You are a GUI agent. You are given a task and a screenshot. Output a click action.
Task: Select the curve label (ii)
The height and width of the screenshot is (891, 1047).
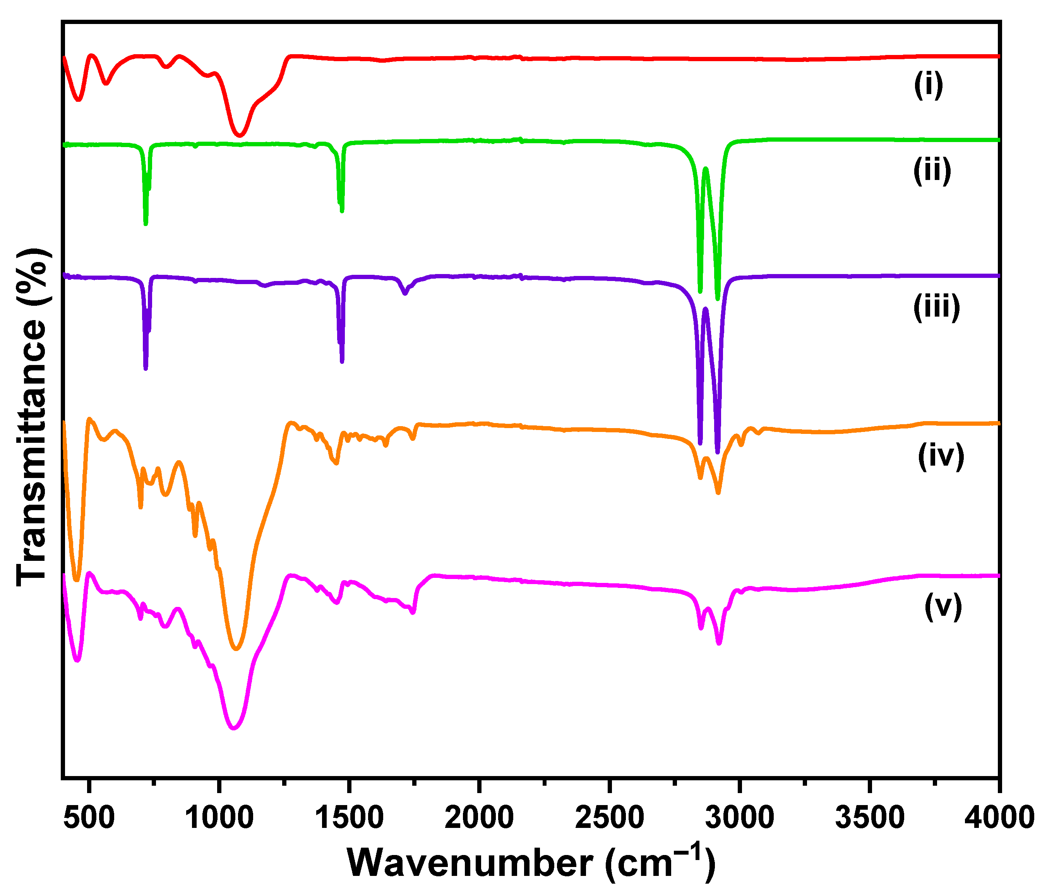pos(932,171)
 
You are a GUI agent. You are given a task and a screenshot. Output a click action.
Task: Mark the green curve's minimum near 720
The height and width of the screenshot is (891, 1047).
pos(146,223)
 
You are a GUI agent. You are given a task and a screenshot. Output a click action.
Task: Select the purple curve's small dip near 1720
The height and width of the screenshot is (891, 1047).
pos(404,293)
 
